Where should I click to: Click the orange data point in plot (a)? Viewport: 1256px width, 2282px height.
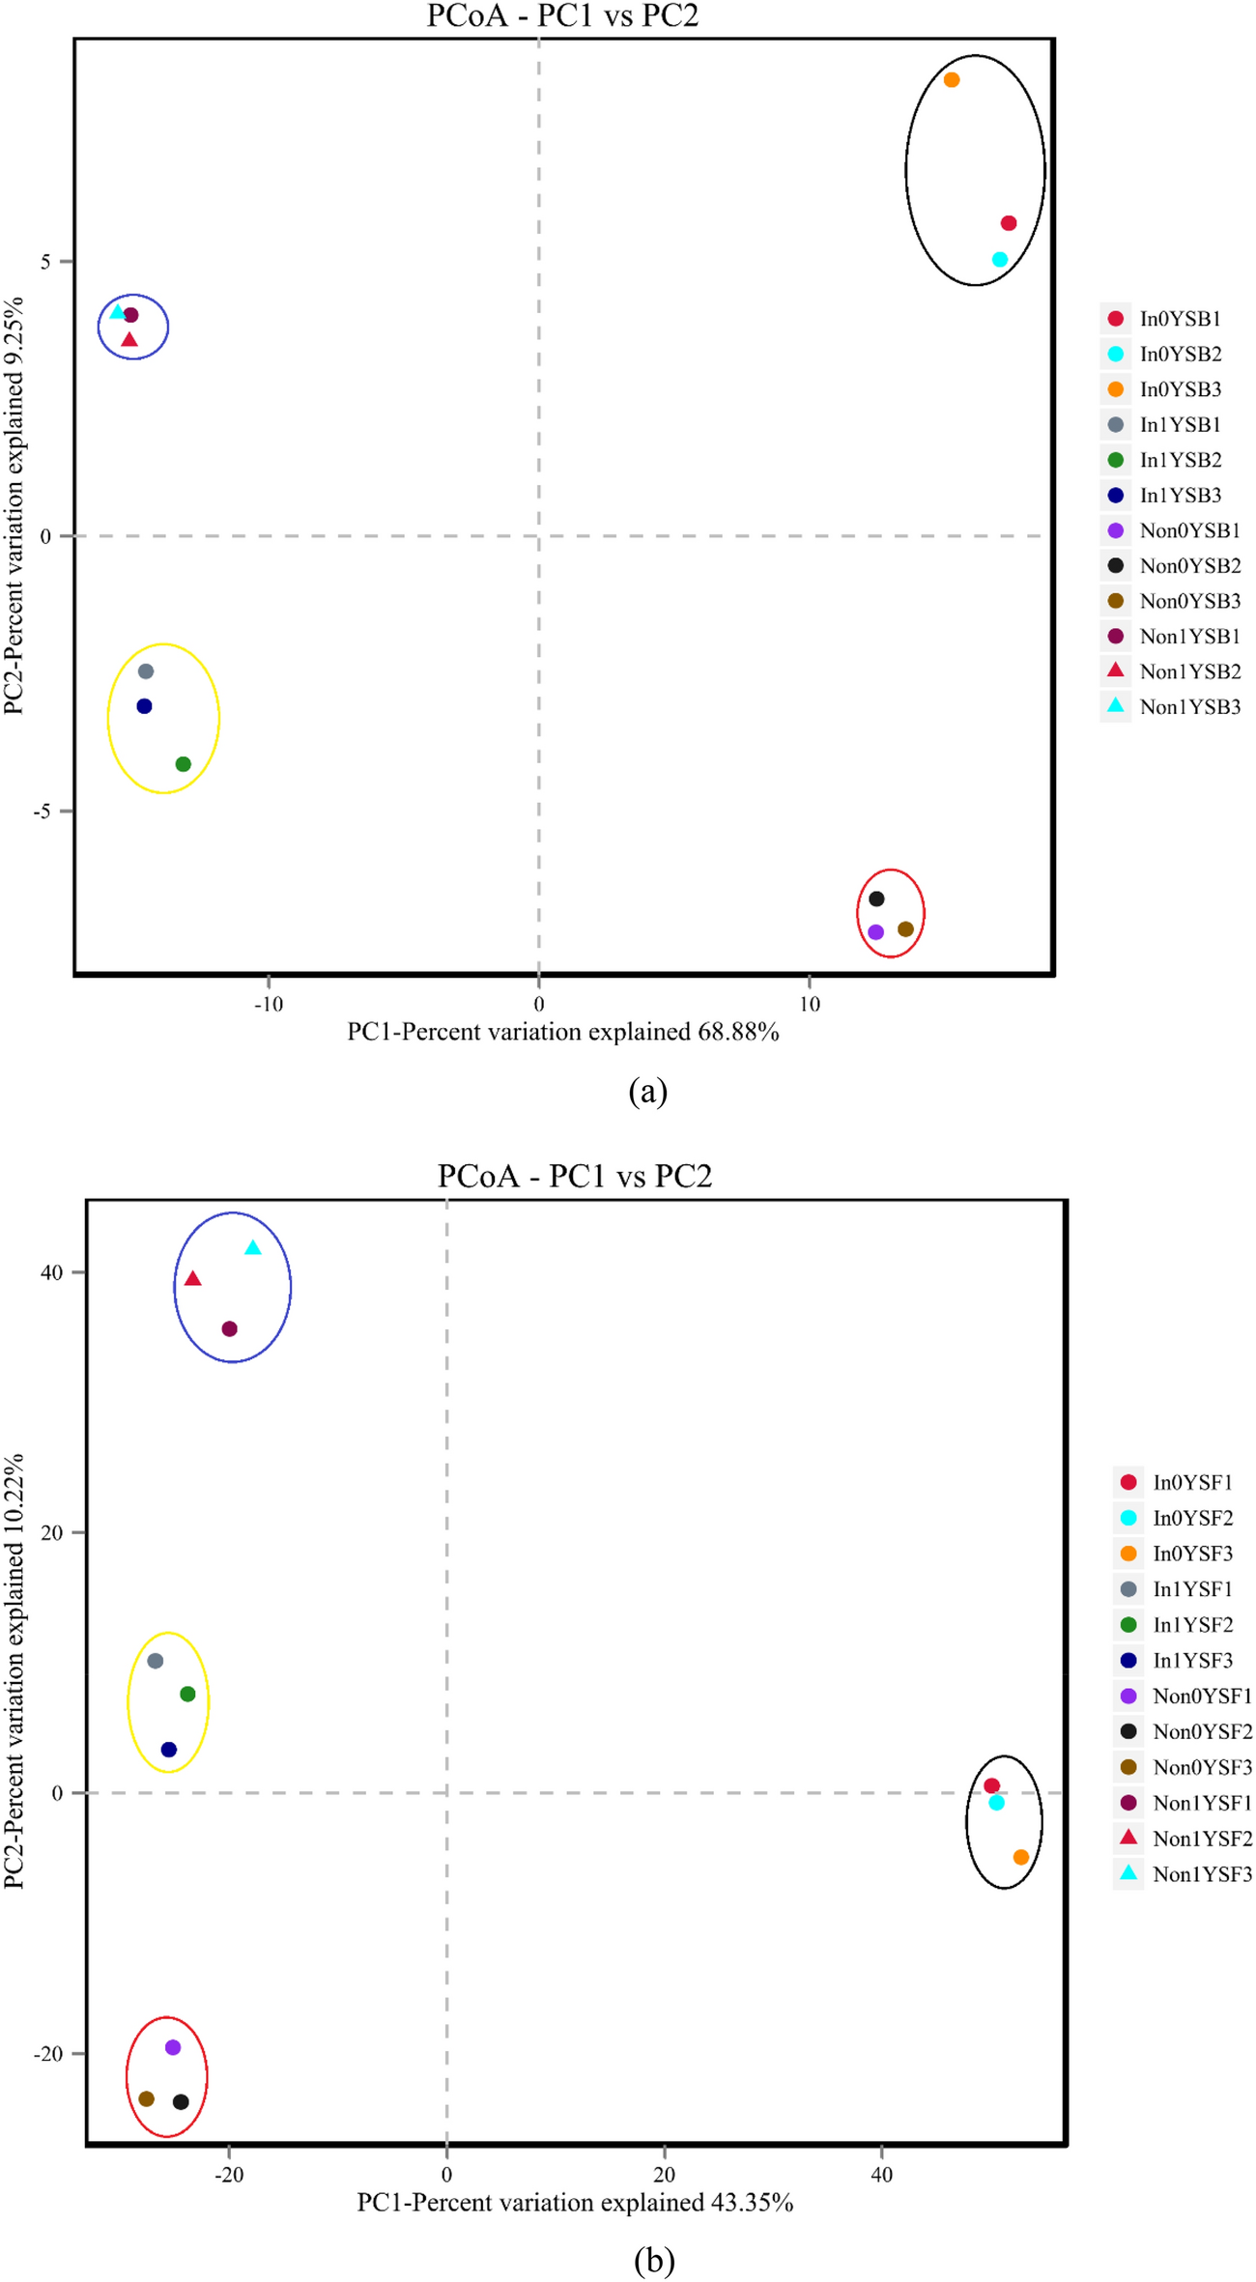(952, 80)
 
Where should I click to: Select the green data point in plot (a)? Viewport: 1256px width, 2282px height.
(184, 764)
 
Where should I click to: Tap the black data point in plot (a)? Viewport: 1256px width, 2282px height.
(876, 899)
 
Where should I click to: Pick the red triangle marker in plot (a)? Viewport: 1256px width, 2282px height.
(129, 340)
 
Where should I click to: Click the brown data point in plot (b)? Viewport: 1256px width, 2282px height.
(147, 2099)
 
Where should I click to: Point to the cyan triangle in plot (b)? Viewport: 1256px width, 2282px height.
(253, 1248)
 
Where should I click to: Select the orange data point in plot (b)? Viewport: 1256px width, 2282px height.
(1021, 1857)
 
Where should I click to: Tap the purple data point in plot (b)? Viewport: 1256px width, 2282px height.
(173, 2047)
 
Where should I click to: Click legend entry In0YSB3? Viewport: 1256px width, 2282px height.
(1180, 389)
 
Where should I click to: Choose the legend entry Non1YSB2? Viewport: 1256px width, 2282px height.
(1189, 671)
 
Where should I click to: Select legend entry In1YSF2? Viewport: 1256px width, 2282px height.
(1192, 1625)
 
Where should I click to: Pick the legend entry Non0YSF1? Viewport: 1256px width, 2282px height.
(1202, 1696)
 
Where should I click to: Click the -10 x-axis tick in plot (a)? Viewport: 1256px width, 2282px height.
(269, 1005)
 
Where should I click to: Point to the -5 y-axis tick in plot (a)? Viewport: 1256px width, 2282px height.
(43, 812)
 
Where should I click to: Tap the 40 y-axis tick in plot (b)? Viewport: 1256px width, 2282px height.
(51, 1272)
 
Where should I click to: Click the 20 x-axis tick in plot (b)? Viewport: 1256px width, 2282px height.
(664, 2175)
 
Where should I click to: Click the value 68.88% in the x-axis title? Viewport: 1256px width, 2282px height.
(739, 1033)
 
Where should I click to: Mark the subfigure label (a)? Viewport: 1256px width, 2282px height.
(647, 1092)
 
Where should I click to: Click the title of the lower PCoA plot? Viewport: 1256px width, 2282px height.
(575, 1176)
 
